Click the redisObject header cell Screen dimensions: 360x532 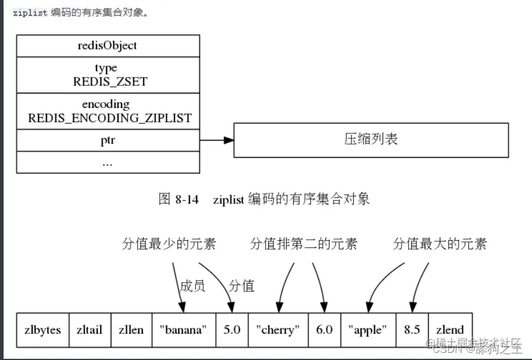click(107, 45)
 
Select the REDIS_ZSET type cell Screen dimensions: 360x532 click(107, 75)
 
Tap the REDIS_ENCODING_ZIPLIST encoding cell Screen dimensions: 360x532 click(107, 111)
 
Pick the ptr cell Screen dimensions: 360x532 click(107, 140)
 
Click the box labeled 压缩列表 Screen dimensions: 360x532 click(371, 140)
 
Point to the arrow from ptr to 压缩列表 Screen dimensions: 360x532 click(216, 140)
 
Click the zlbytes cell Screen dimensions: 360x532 click(43, 330)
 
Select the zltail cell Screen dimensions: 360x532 click(90, 330)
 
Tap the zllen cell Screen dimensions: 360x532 click(131, 330)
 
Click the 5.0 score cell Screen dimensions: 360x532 click(231, 330)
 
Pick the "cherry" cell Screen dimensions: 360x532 click(278, 330)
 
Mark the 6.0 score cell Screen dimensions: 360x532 click(324, 330)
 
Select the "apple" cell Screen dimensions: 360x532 click(368, 330)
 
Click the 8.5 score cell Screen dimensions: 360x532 click(412, 330)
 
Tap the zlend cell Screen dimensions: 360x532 click(450, 330)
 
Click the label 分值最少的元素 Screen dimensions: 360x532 click(169, 244)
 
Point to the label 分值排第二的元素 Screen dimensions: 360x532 click(304, 244)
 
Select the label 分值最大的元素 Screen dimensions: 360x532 click(440, 244)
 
